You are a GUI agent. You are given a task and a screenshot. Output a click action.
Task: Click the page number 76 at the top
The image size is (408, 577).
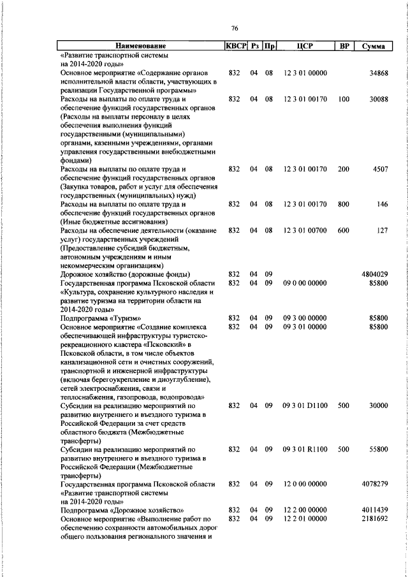click(234, 28)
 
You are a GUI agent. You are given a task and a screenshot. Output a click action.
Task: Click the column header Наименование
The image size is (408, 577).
click(140, 47)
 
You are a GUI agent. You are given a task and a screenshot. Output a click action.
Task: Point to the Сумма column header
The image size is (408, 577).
click(372, 47)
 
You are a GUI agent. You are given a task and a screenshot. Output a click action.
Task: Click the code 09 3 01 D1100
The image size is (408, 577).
click(305, 405)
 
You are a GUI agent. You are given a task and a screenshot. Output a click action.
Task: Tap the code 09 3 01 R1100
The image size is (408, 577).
click(305, 449)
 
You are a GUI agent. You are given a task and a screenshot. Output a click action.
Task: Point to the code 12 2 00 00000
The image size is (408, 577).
click(305, 510)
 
